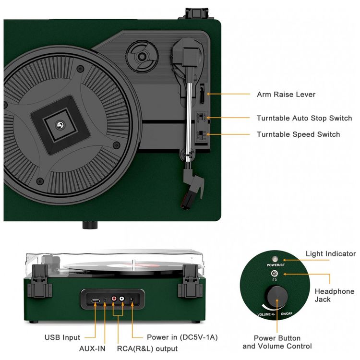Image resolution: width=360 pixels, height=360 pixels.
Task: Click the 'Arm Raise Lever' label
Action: [x=286, y=95]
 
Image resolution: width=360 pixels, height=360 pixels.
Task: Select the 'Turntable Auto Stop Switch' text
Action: [x=304, y=118]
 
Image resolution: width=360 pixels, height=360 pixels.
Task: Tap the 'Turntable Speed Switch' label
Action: [x=298, y=134]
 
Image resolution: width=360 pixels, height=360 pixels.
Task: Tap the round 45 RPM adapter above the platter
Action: [x=142, y=56]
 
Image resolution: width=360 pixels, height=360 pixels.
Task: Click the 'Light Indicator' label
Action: [x=331, y=254]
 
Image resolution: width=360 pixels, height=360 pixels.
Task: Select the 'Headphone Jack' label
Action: [x=334, y=295]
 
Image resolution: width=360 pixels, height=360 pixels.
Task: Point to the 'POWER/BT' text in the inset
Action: [x=276, y=264]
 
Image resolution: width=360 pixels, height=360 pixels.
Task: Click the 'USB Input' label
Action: [x=62, y=337]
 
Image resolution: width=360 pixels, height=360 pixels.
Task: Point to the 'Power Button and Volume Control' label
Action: [x=277, y=342]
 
